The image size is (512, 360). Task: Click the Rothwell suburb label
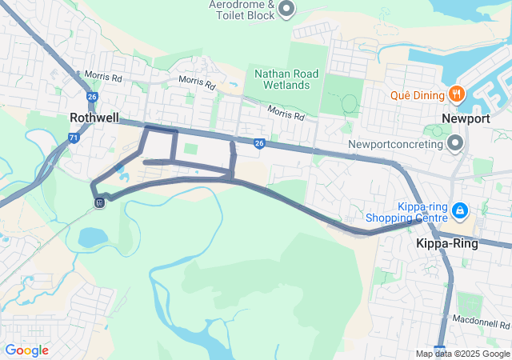[x=94, y=118]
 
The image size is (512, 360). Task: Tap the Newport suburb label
[x=466, y=118]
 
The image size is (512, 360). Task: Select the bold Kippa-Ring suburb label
[x=447, y=244]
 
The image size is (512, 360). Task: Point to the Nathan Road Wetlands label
[x=286, y=79]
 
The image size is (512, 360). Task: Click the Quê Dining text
[x=417, y=95]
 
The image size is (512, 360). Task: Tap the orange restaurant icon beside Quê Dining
[x=456, y=94]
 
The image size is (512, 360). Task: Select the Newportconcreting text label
[x=395, y=145]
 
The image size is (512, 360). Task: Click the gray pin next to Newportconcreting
[x=455, y=144]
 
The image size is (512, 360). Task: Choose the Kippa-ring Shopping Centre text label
[x=406, y=211]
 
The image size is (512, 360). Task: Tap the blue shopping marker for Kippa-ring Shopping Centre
[x=460, y=210]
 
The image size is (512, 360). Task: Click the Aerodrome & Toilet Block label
[x=242, y=9]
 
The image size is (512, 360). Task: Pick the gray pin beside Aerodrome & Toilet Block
[x=286, y=9]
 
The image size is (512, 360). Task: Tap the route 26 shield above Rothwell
[x=93, y=96]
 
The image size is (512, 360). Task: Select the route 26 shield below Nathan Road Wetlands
[x=259, y=144]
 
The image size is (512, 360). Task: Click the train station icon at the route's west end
[x=99, y=202]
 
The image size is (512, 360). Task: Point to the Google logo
[x=26, y=350]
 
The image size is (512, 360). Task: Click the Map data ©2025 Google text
[x=463, y=354]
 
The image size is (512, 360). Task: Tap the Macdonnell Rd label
[x=482, y=324]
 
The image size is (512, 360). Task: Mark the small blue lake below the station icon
[x=93, y=237]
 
